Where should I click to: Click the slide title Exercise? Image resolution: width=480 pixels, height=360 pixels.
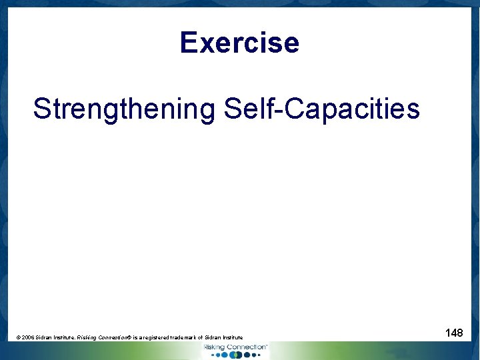[x=239, y=43]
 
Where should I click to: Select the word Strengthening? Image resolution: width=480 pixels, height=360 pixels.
[x=125, y=109]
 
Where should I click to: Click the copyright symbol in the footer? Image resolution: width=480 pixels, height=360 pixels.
[x=19, y=338]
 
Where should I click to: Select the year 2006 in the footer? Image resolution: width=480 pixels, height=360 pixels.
[x=29, y=338]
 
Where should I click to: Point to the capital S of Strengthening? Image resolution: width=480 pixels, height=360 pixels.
[x=41, y=109]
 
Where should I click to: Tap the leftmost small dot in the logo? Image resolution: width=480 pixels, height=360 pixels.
[x=212, y=355]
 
